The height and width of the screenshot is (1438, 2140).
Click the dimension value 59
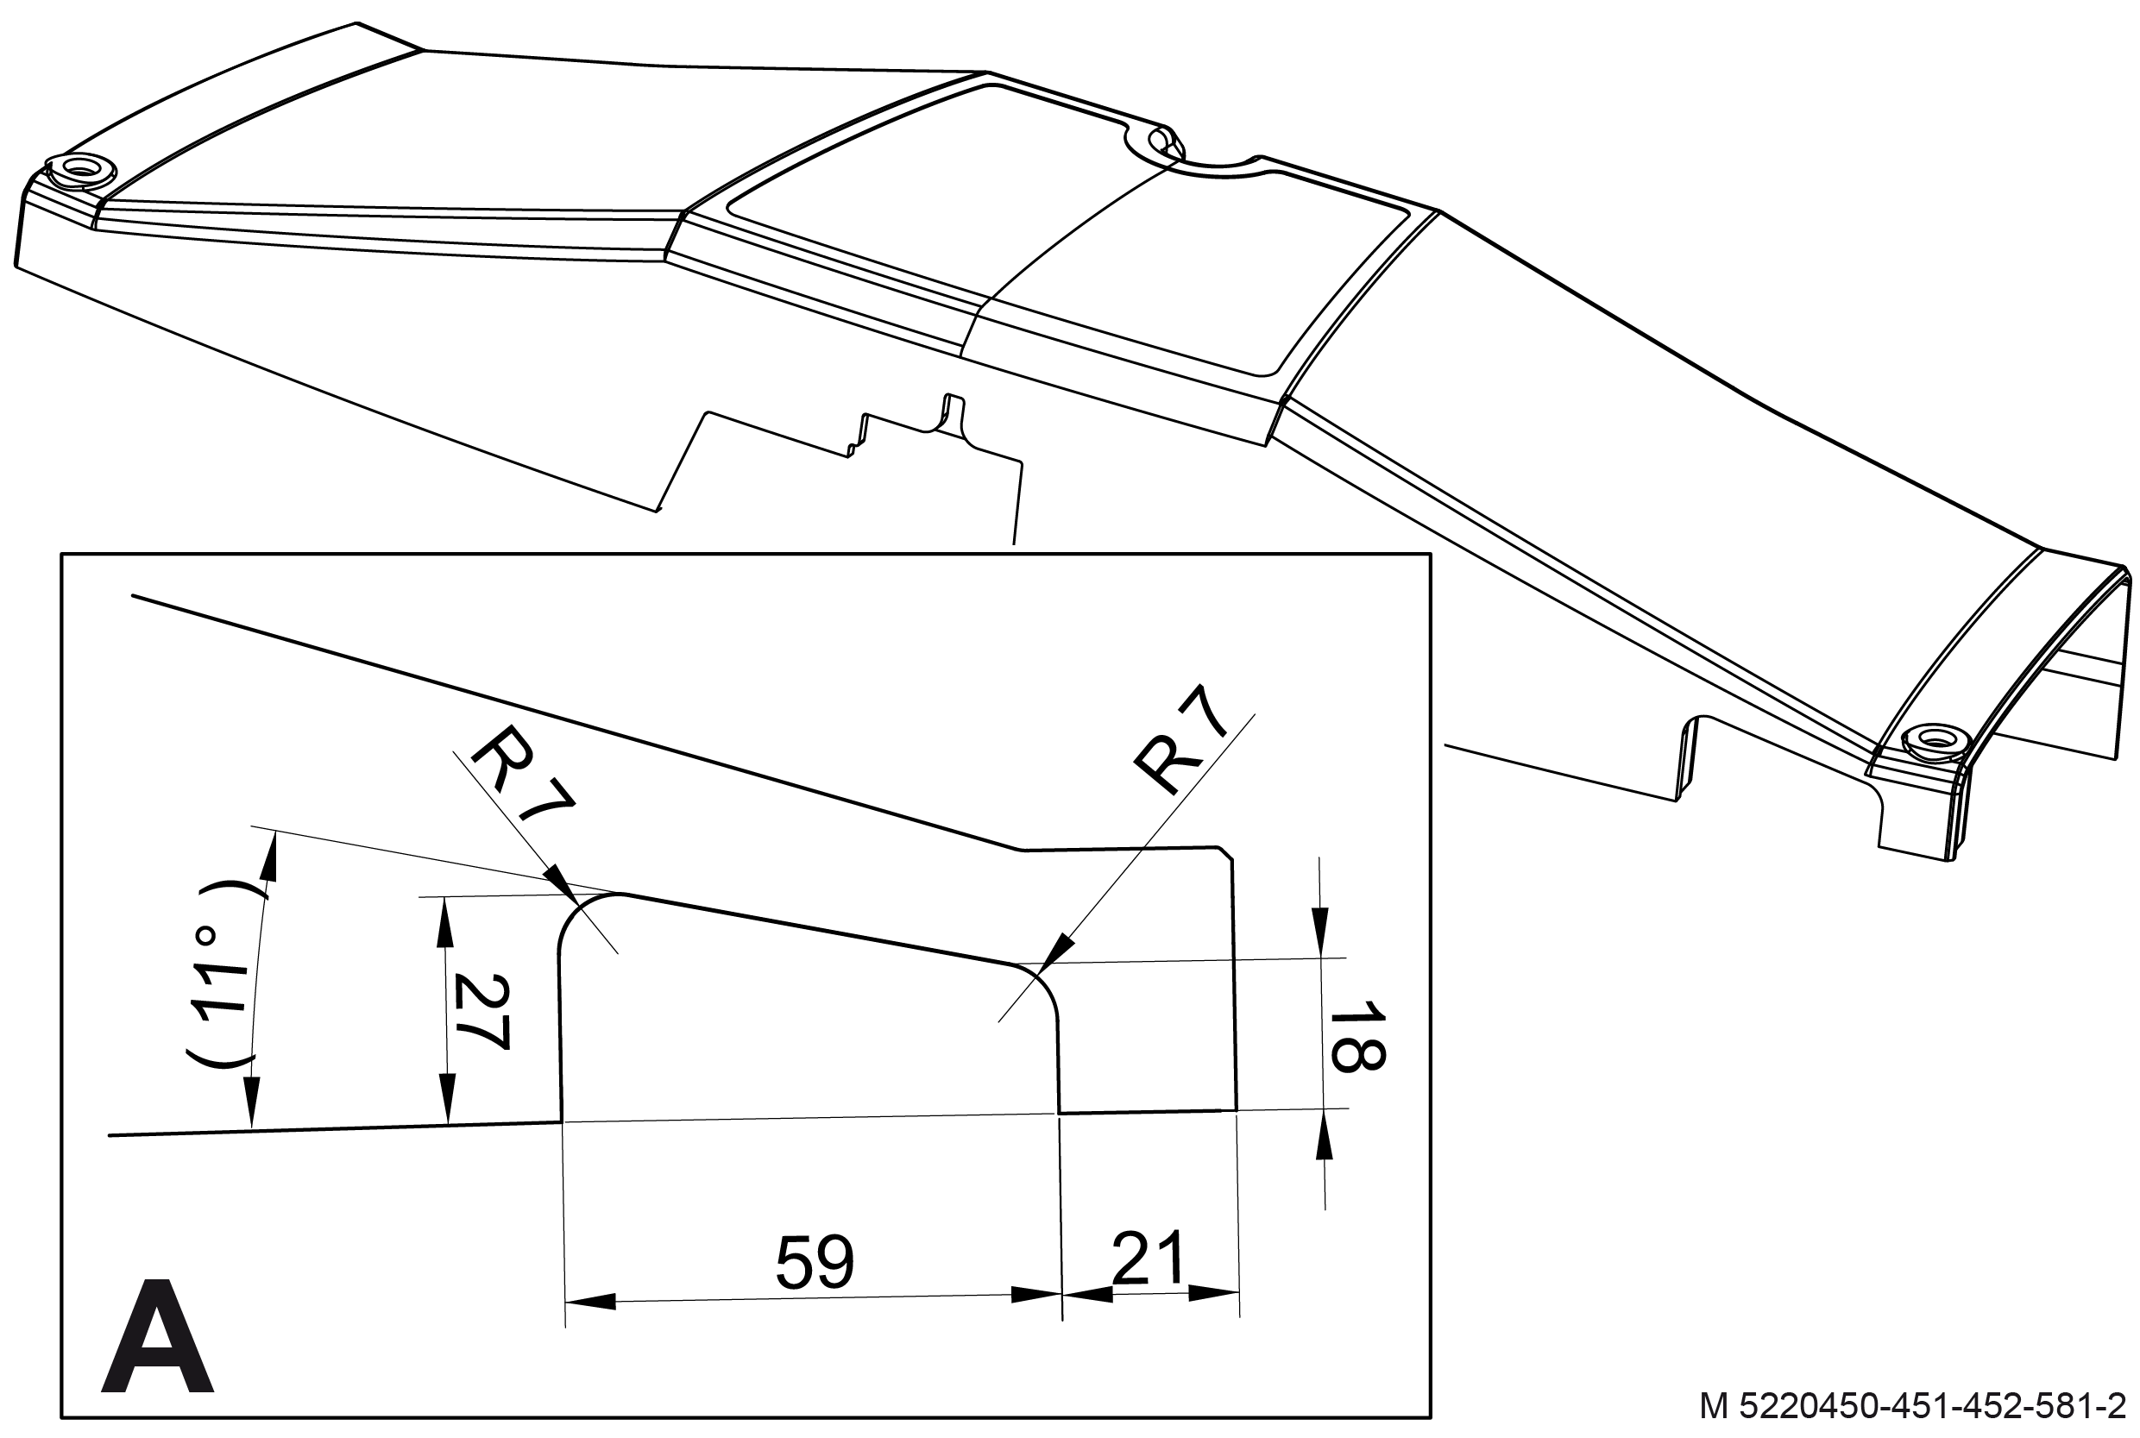(x=815, y=1263)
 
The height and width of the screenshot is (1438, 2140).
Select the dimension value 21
(x=1149, y=1259)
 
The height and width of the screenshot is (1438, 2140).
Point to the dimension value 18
(x=1356, y=1036)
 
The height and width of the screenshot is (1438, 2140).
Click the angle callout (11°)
(x=218, y=973)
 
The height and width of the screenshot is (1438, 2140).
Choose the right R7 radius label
(x=1181, y=741)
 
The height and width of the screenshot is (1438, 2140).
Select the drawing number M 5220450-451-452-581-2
(x=1911, y=1406)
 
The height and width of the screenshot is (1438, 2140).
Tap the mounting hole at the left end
(x=81, y=169)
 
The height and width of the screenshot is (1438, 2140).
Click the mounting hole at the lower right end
(x=1936, y=738)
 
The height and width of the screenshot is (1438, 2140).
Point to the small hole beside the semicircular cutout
(x=1161, y=141)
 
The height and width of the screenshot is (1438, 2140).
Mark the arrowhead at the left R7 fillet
(x=559, y=881)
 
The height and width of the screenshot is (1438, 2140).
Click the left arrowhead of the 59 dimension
(x=588, y=1301)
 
